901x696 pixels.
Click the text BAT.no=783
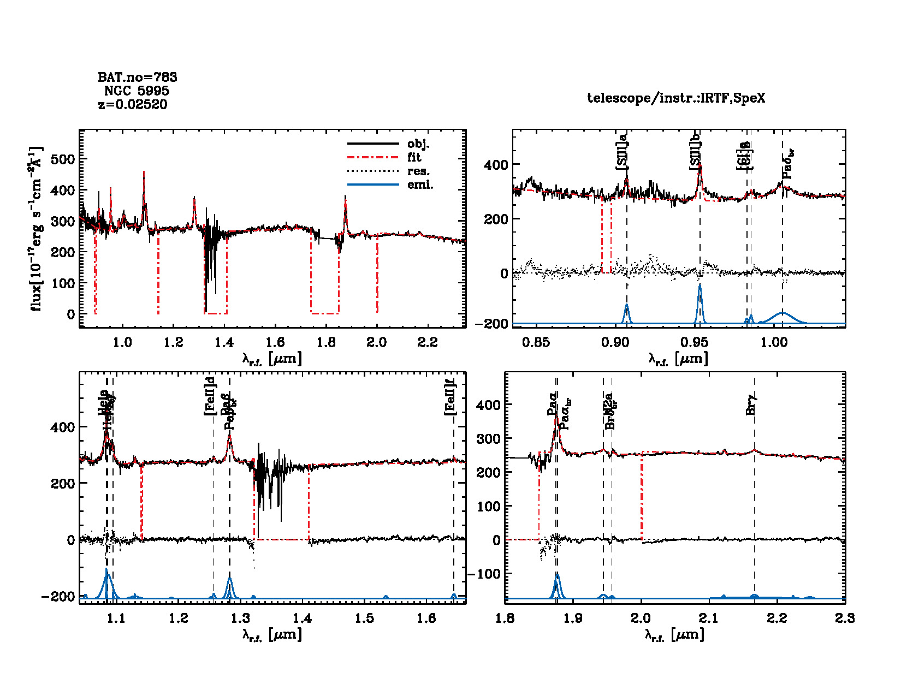[x=138, y=78]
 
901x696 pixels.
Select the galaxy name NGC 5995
[x=137, y=91]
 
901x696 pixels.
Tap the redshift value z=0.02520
[x=133, y=104]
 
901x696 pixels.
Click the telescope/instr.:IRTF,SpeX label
[x=676, y=98]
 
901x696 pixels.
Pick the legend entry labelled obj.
[x=418, y=144]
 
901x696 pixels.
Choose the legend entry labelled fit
[x=414, y=157]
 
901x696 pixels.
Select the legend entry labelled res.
[x=418, y=171]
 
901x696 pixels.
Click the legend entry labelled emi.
[x=420, y=185]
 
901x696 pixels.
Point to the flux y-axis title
[x=36, y=229]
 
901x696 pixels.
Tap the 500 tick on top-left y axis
[x=62, y=159]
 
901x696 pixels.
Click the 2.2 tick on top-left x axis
[x=427, y=342]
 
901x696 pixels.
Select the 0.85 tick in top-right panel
[x=536, y=342]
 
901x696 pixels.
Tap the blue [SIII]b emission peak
[x=700, y=285]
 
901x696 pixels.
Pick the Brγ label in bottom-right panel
[x=751, y=404]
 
